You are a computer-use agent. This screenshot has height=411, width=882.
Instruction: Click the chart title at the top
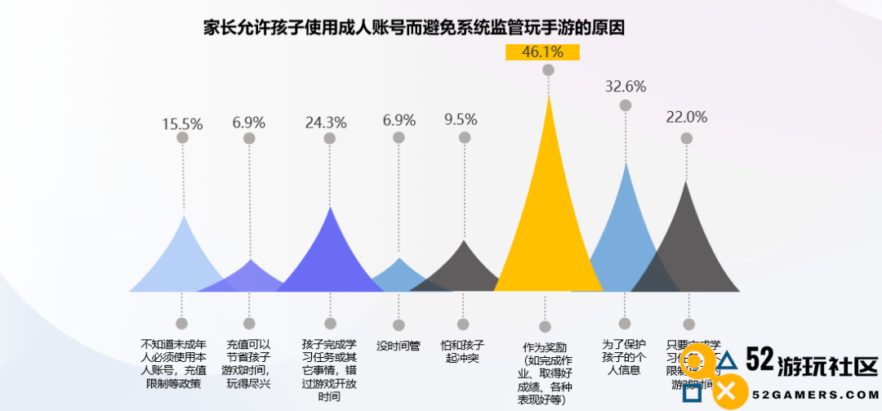pyautogui.click(x=414, y=27)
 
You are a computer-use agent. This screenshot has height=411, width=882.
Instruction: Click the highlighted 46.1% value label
pyautogui.click(x=542, y=52)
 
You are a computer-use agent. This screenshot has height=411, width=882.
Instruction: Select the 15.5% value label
pyautogui.click(x=182, y=123)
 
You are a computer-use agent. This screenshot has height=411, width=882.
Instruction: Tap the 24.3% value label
pyautogui.click(x=326, y=123)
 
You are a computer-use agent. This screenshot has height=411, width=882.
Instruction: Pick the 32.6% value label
pyautogui.click(x=625, y=87)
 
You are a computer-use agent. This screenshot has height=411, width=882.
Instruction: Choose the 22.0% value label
pyautogui.click(x=686, y=117)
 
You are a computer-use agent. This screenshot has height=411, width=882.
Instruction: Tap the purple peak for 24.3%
pyautogui.click(x=330, y=253)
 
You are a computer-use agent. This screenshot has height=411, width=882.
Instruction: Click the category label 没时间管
pyautogui.click(x=399, y=346)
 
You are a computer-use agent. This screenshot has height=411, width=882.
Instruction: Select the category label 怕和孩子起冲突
pyautogui.click(x=463, y=351)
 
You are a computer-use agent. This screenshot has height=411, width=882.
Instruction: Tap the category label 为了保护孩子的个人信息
pyautogui.click(x=625, y=357)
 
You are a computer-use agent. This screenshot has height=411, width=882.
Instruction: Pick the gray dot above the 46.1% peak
pyautogui.click(x=548, y=70)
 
